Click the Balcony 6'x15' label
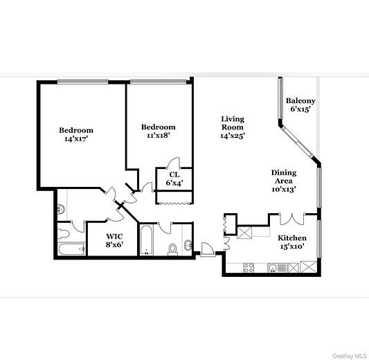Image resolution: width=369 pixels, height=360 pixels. pos(301,105)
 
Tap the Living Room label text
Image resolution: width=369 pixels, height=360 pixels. pos(232,127)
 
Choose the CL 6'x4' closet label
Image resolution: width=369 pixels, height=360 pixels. pos(174,179)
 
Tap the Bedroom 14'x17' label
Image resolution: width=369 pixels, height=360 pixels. pos(75,134)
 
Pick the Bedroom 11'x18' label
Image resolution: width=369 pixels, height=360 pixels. pos(158,131)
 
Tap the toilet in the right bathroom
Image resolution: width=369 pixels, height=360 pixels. pos(173,249)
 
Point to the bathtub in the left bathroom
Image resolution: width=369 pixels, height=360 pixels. pos(70,249)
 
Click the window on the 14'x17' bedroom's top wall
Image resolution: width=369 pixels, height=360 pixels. pos(82,81)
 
